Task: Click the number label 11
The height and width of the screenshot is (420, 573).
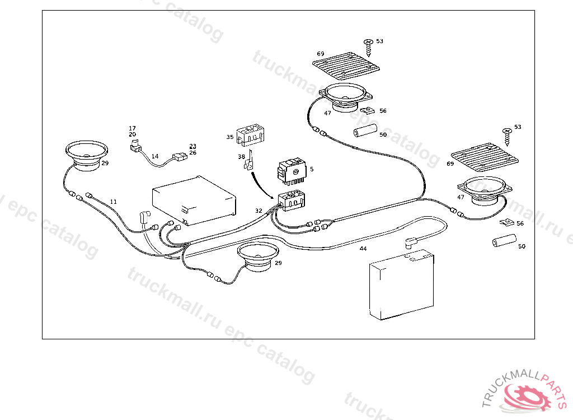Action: point(114,202)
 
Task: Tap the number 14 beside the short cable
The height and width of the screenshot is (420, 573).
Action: point(155,157)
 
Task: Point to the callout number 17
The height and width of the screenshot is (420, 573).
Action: point(132,129)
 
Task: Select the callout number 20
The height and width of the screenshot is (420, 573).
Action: point(132,135)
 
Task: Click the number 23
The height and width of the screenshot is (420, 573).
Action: point(192,146)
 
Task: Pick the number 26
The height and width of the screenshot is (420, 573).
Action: point(192,152)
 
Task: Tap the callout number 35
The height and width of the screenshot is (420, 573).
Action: point(230,137)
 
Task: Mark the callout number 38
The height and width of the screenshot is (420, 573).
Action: point(241,157)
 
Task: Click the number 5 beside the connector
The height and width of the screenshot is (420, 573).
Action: point(312,169)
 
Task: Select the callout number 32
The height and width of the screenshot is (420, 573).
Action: point(258,211)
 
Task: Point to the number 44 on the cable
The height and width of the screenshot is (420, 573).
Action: point(363,248)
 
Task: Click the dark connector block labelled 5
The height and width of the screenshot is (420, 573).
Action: point(292,170)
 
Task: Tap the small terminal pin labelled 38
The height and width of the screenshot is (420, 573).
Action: point(250,161)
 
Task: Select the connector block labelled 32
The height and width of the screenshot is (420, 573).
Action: point(292,200)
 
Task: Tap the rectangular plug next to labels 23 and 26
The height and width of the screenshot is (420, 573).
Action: point(180,157)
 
